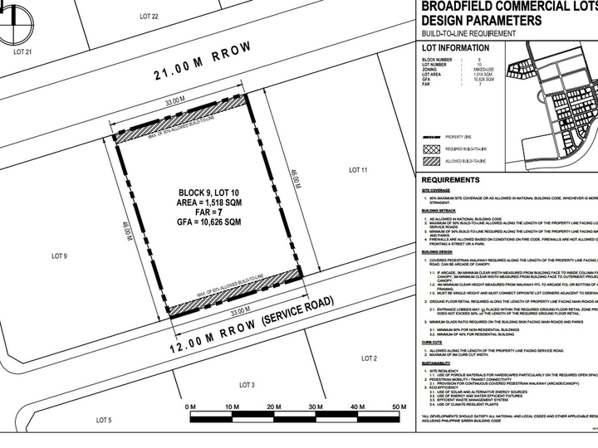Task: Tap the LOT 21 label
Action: point(22,51)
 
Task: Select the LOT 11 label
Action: point(358,170)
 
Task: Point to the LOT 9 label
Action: point(59,256)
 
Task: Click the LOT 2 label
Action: point(370,358)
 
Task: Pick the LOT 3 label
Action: point(247,385)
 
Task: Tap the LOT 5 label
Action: point(104,421)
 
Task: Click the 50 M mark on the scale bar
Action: point(399,407)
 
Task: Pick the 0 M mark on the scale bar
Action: point(192,407)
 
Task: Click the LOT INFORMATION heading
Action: point(453,48)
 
